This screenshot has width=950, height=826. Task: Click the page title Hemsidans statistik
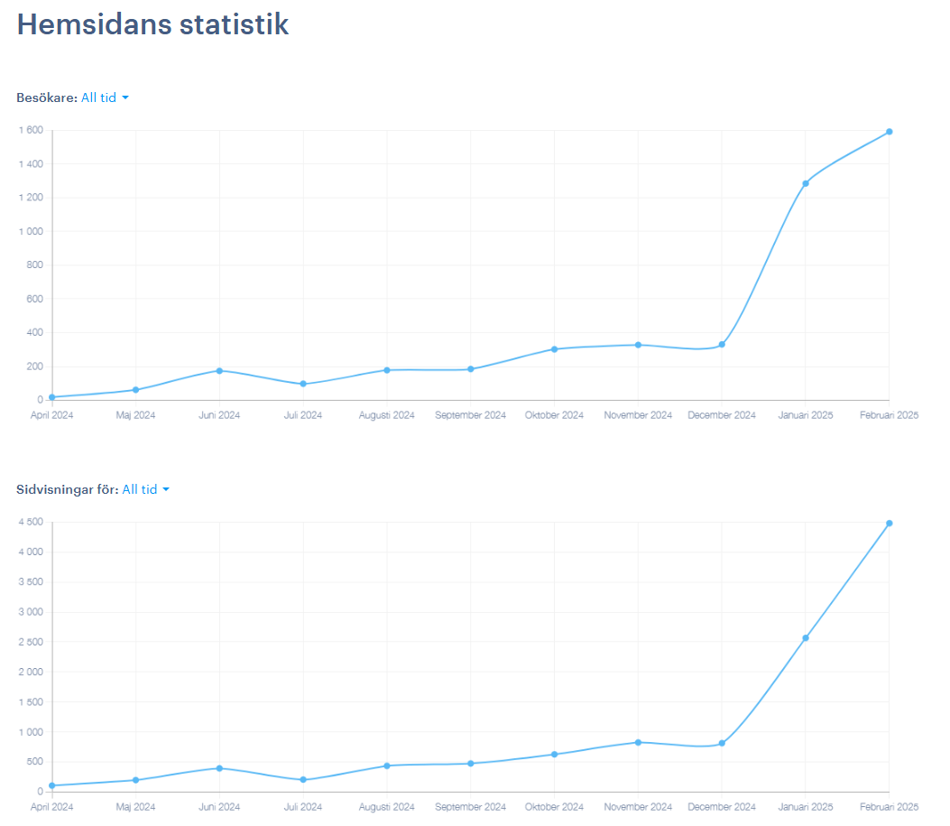click(152, 24)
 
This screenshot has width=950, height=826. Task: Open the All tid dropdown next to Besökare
click(105, 97)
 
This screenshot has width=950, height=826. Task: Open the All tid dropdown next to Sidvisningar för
click(145, 489)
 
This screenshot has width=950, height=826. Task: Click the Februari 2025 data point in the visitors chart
click(889, 132)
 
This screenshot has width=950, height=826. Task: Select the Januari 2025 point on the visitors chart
click(806, 183)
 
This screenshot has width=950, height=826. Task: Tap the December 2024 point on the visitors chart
click(722, 344)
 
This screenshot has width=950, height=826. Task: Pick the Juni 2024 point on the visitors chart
click(219, 370)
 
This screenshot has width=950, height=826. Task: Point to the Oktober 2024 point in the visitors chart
click(554, 348)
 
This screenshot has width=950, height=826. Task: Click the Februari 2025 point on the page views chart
click(889, 523)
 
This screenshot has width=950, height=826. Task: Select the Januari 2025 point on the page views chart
click(806, 638)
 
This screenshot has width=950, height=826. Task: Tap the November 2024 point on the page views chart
click(638, 742)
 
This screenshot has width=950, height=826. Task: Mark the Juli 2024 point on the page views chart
click(303, 780)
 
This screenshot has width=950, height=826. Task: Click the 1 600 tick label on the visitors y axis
click(30, 130)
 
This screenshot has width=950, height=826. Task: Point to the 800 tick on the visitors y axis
click(34, 265)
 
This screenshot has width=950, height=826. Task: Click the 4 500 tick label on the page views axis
click(30, 522)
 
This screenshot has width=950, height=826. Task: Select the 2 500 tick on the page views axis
click(30, 642)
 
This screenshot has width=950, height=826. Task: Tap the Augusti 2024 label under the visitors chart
click(386, 415)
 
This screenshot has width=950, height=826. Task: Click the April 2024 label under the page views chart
click(51, 807)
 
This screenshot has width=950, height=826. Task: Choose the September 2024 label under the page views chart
click(470, 807)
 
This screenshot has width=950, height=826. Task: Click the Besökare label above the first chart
click(46, 97)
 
